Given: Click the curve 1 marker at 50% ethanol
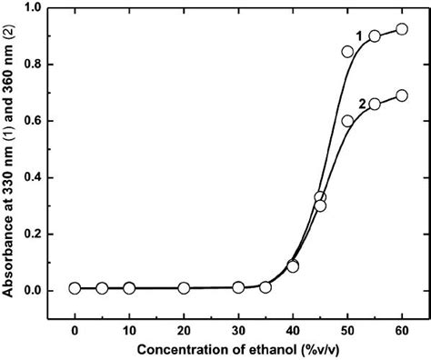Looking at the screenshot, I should pyautogui.click(x=347, y=52).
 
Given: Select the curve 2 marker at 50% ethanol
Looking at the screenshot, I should pyautogui.click(x=347, y=121).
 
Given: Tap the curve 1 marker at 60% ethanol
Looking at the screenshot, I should pyautogui.click(x=401, y=29).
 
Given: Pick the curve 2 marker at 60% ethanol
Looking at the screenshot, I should pyautogui.click(x=401, y=95).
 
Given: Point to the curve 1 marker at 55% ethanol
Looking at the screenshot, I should pyautogui.click(x=375, y=35).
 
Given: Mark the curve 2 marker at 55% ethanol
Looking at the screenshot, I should pyautogui.click(x=375, y=104).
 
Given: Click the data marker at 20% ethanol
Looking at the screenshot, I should pyautogui.click(x=184, y=288).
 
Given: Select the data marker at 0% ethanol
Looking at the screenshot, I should pyautogui.click(x=75, y=288).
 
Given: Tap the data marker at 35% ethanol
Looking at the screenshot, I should pyautogui.click(x=266, y=287).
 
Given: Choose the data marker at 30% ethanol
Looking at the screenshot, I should pyautogui.click(x=238, y=287).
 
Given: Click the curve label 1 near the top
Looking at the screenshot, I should pyautogui.click(x=359, y=35).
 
